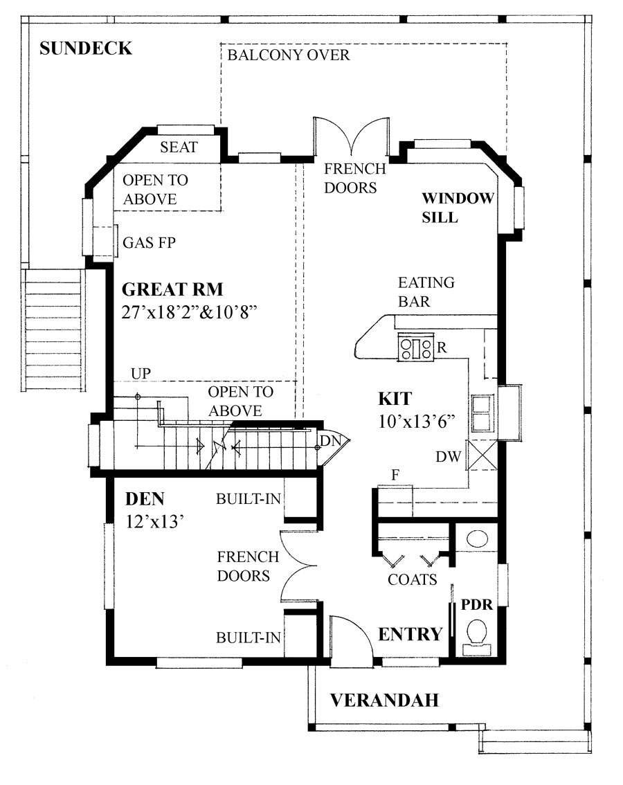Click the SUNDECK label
[85, 48]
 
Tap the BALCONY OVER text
[289, 55]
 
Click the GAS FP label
[148, 243]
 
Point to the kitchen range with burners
[415, 347]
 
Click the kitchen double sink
[482, 413]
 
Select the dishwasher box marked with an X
[482, 455]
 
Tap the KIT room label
[395, 399]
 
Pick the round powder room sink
[476, 539]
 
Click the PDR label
[477, 604]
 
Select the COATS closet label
[413, 579]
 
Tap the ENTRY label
[410, 634]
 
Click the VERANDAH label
[384, 701]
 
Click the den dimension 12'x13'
[154, 521]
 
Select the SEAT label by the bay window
[179, 147]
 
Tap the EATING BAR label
[426, 291]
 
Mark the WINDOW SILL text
[458, 208]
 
